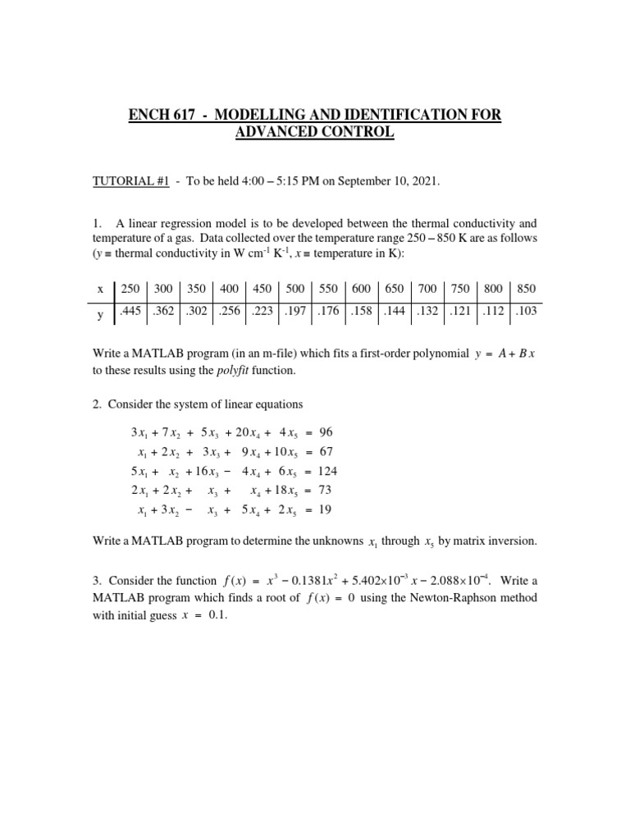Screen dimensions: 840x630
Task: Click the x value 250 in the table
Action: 130,289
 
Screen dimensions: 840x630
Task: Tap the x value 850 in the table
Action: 526,289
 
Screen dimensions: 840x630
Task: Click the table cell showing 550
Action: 328,289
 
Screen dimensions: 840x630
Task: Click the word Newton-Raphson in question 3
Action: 448,597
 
